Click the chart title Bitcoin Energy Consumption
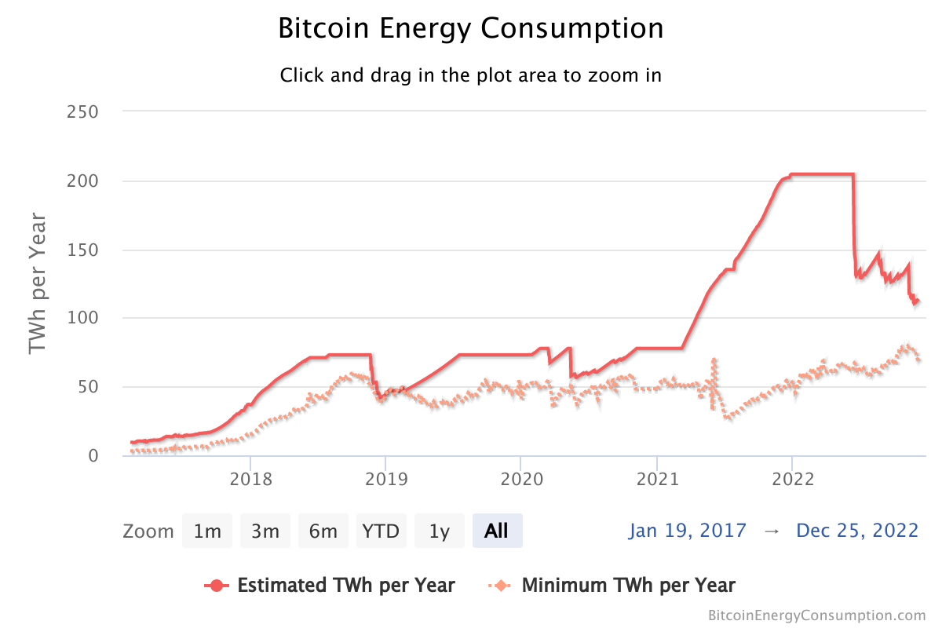point(471,29)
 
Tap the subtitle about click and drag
point(471,76)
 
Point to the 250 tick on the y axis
point(82,111)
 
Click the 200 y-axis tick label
point(82,181)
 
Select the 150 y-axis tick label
point(82,250)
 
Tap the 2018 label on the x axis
point(250,479)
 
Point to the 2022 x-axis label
point(792,479)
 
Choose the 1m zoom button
point(207,531)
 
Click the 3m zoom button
point(265,531)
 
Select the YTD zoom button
point(381,531)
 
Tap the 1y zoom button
point(440,531)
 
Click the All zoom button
point(497,531)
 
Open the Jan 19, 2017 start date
point(688,531)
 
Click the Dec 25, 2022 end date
point(857,531)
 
